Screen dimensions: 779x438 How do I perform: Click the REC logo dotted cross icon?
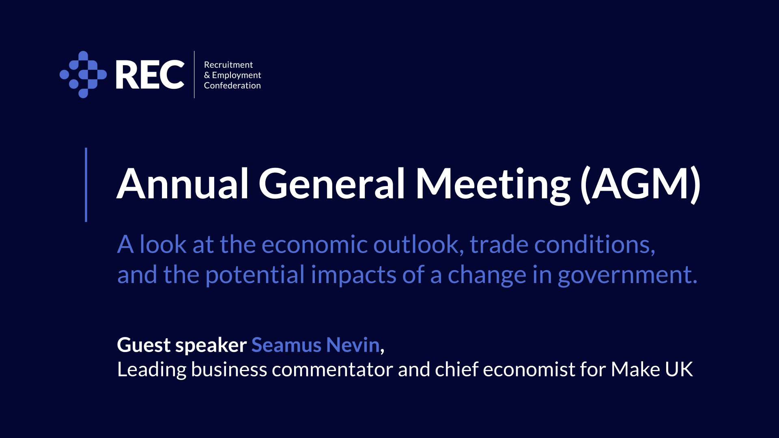pos(83,75)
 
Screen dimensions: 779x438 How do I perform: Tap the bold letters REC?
pos(150,75)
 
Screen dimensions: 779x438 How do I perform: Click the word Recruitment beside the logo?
pos(228,65)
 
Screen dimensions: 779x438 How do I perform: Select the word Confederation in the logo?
pos(232,86)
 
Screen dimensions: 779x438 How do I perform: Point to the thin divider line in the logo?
pos(194,75)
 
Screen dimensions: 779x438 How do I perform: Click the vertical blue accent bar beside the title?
pos(86,185)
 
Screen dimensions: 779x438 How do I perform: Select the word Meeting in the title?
pos(493,186)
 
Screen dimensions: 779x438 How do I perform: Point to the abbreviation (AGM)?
pos(641,185)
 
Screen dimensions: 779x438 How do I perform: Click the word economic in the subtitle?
pos(314,245)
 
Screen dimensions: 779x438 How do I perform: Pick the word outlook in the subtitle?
pos(419,245)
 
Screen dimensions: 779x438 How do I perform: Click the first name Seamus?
pos(286,345)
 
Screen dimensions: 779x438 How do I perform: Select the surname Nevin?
pos(353,345)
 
